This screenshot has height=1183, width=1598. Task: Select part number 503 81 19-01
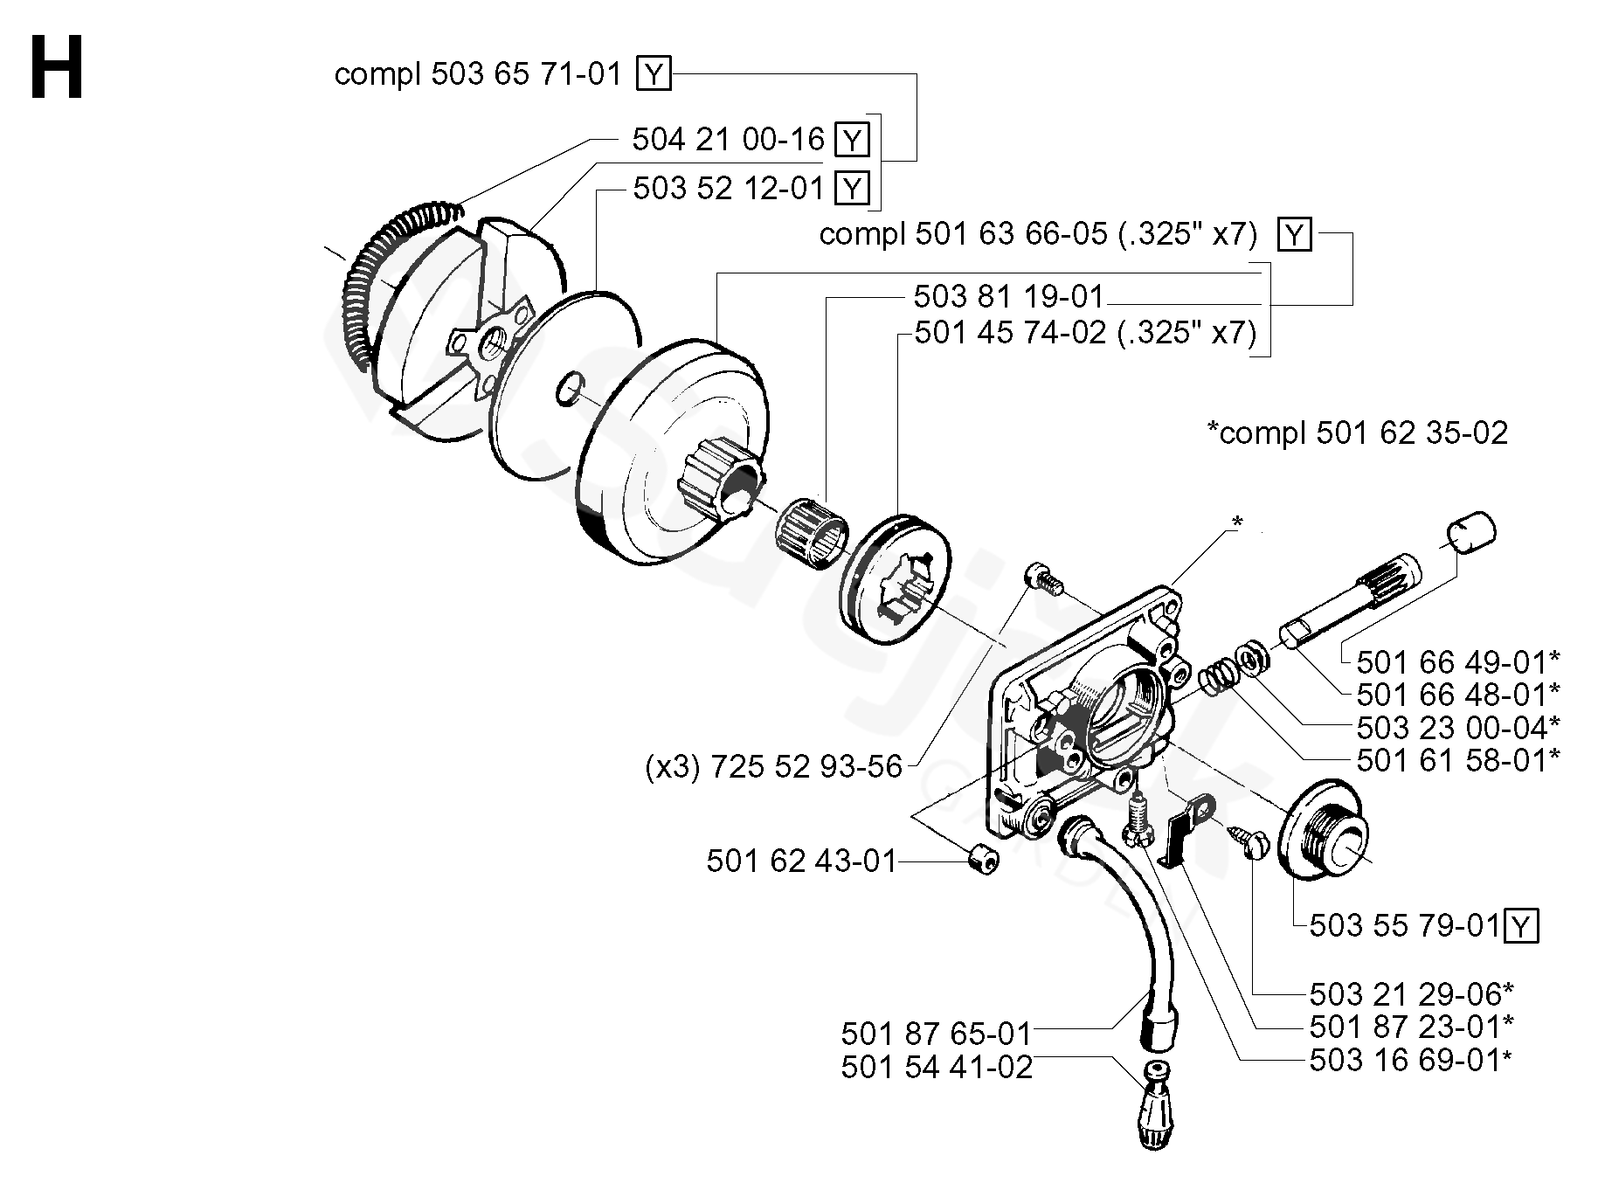(x=1009, y=297)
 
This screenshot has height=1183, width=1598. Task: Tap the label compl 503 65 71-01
(x=478, y=74)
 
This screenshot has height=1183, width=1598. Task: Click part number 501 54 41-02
(x=937, y=1067)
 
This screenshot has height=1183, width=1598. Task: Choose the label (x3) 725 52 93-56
(x=773, y=766)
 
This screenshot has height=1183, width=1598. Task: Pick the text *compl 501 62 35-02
(x=1357, y=432)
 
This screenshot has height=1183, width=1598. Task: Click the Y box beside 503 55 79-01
(x=1522, y=926)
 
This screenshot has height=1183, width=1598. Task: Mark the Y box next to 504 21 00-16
(x=852, y=140)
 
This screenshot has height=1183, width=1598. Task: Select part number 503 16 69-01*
(x=1411, y=1060)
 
